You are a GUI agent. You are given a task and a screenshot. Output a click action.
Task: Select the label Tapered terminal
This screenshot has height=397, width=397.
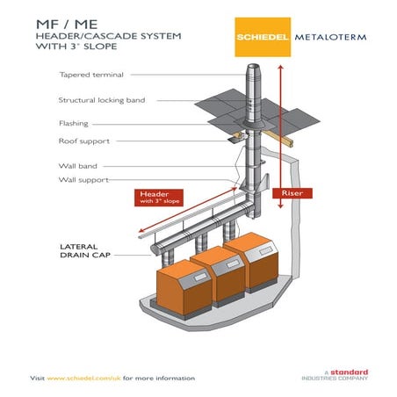click(x=91, y=75)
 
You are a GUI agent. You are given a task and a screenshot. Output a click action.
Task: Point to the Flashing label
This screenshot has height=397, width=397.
click(x=74, y=124)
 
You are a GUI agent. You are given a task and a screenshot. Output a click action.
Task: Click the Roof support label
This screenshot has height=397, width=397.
click(x=84, y=141)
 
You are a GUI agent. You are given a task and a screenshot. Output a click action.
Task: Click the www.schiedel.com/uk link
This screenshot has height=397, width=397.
click(x=83, y=378)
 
